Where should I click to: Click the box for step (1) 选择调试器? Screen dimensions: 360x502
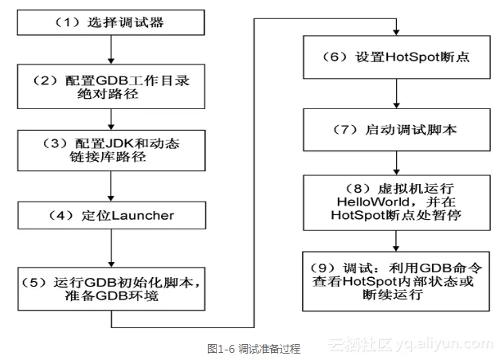pyautogui.click(x=111, y=22)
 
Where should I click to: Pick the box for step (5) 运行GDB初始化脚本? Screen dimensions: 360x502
pyautogui.click(x=111, y=286)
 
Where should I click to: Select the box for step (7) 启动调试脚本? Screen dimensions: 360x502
pyautogui.click(x=397, y=128)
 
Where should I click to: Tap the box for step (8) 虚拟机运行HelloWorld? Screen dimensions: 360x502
pyautogui.click(x=397, y=202)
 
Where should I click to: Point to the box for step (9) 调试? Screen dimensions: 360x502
pyautogui.click(x=397, y=279)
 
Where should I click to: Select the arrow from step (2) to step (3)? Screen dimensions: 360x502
pyautogui.click(x=111, y=118)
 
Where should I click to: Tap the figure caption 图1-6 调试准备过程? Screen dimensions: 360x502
pyautogui.click(x=253, y=348)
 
